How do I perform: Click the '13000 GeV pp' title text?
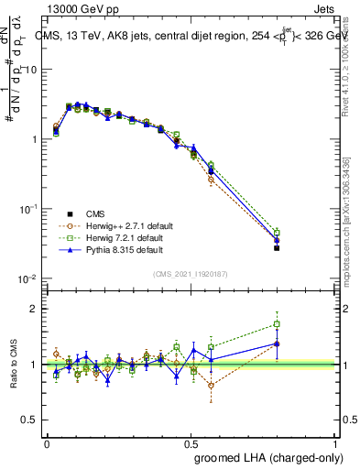(x=80, y=7)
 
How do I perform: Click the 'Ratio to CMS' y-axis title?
(x=15, y=365)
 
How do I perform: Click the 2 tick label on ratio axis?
(x=33, y=309)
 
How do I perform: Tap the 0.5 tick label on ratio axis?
(x=29, y=420)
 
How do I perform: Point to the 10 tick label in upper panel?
(x=30, y=70)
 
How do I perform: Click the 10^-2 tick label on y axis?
(x=27, y=278)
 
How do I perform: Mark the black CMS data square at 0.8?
(x=277, y=247)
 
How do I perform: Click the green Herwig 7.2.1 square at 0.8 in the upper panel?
(x=277, y=233)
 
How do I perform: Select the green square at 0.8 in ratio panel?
(x=277, y=324)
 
